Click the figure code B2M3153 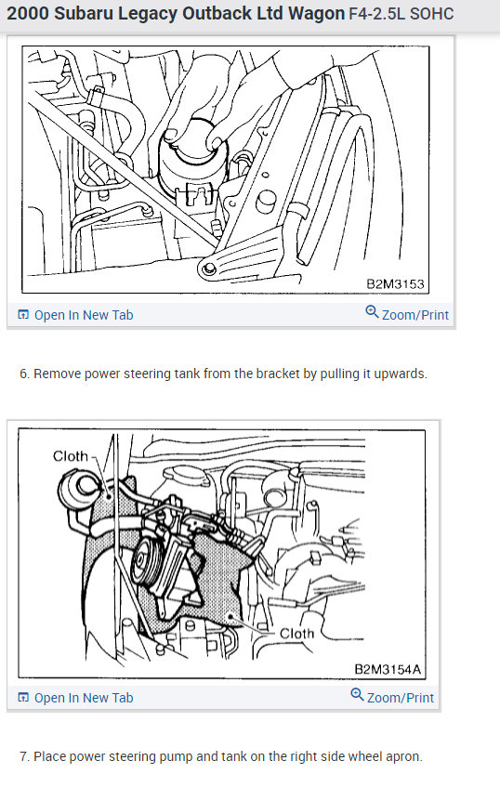click(395, 284)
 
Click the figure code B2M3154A click(388, 669)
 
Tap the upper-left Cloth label click(71, 456)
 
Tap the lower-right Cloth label click(296, 634)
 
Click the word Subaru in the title click(83, 14)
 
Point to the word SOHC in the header click(432, 14)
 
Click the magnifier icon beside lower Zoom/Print click(357, 695)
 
